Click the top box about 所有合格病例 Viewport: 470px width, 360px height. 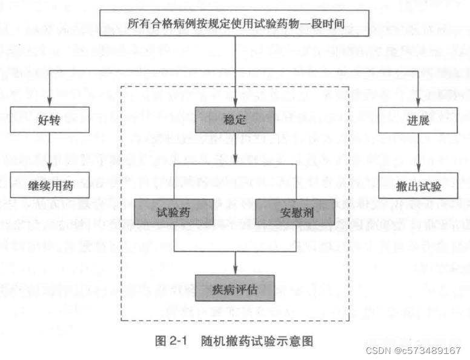235,24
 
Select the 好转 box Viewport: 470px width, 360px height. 50,119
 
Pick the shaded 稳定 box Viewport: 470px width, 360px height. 235,119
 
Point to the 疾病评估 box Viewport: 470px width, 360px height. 235,290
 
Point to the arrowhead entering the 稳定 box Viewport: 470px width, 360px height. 235,103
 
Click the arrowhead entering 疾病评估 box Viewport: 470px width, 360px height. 235,273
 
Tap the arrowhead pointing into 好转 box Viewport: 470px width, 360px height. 50,103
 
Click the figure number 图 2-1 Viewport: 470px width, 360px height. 171,340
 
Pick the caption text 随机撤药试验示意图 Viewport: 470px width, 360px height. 257,340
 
